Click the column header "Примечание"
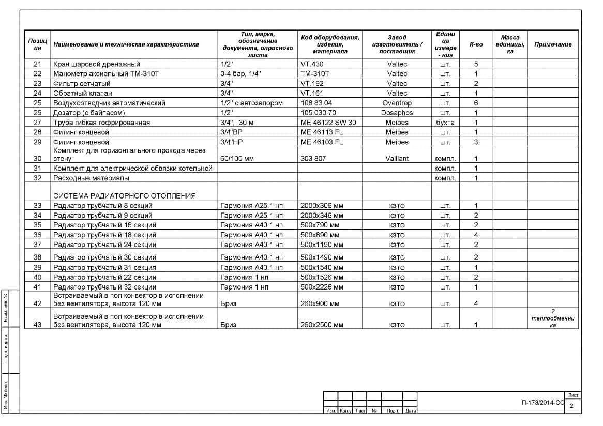tap(553, 44)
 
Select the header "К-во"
tap(476, 44)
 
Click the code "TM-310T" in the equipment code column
tap(314, 74)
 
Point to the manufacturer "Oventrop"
tap(397, 103)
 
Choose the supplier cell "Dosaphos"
tap(397, 113)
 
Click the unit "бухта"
tap(445, 123)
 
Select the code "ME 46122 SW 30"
tap(328, 123)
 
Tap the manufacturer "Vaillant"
tap(397, 159)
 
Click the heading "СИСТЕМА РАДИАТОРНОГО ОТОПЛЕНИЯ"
tap(125, 196)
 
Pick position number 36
tap(37, 235)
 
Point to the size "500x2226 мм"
tap(322, 287)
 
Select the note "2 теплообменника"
tap(553, 318)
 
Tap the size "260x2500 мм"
tap(322, 325)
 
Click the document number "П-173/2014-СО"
tap(543, 403)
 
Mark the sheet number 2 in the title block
tap(571, 406)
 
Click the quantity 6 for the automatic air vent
tap(476, 103)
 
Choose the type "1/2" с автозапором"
tap(251, 103)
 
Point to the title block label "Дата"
tap(410, 411)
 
